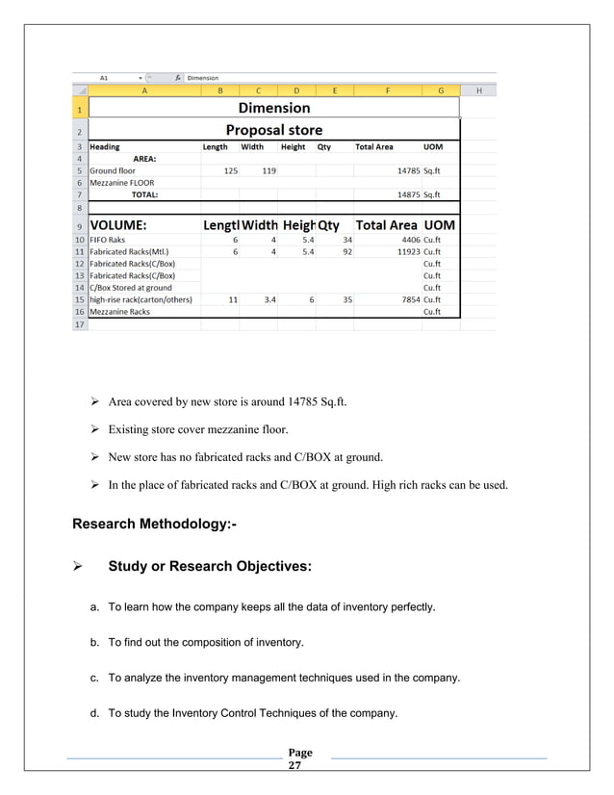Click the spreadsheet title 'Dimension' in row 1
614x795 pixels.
(274, 108)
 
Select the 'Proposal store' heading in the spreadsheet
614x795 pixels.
(274, 129)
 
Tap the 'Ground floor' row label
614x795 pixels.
(113, 170)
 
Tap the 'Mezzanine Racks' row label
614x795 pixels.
(119, 312)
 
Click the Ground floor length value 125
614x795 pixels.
(230, 170)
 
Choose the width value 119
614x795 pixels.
(268, 170)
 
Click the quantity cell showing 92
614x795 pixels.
(345, 251)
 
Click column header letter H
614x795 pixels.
(479, 90)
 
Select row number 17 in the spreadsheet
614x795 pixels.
(77, 324)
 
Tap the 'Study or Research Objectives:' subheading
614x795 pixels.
(210, 567)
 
